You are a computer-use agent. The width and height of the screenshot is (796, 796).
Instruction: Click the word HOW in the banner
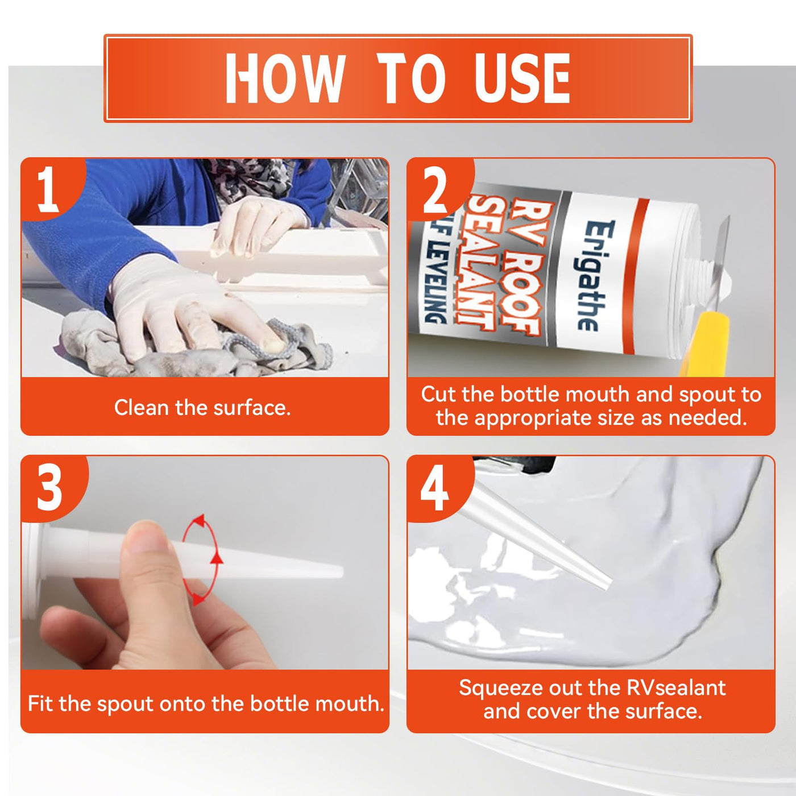coord(285,78)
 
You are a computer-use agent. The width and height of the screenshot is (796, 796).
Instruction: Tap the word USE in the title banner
coord(522,78)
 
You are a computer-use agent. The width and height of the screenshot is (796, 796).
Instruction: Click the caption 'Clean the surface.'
coord(202,408)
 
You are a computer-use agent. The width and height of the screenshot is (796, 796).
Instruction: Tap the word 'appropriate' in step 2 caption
coord(554,418)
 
